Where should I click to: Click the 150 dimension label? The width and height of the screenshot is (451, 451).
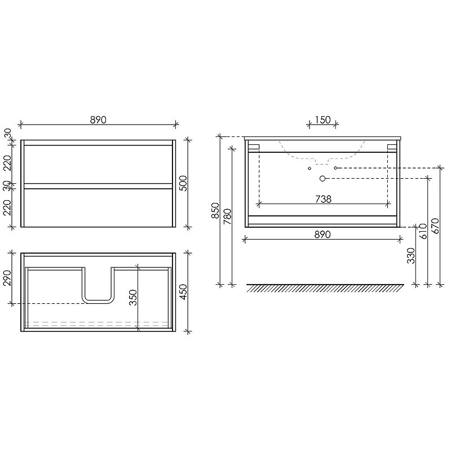click(x=322, y=120)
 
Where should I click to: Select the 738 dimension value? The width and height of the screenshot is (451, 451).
click(x=323, y=199)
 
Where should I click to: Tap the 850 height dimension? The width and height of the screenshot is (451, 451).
click(x=215, y=210)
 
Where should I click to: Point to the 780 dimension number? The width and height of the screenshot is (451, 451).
click(x=227, y=216)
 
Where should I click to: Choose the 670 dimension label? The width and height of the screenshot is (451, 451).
click(x=435, y=226)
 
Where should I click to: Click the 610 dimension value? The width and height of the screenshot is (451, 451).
click(x=423, y=231)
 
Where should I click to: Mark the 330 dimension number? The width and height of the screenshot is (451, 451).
click(x=411, y=256)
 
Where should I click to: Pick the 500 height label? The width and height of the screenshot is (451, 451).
click(x=183, y=183)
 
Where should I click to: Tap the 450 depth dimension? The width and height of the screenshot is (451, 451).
click(x=183, y=292)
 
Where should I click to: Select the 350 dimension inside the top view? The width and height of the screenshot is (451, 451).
click(x=132, y=298)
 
